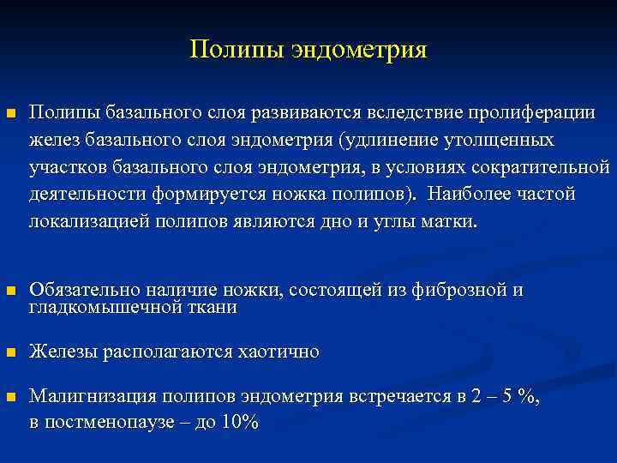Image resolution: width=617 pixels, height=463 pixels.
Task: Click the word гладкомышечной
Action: [104, 307]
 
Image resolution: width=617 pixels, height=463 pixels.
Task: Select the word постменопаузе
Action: [108, 423]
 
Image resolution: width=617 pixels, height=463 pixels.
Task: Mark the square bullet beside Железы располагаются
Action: [10, 352]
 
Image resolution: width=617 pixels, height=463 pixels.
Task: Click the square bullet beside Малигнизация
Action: [10, 397]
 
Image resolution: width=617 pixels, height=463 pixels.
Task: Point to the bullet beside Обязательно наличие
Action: [10, 292]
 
